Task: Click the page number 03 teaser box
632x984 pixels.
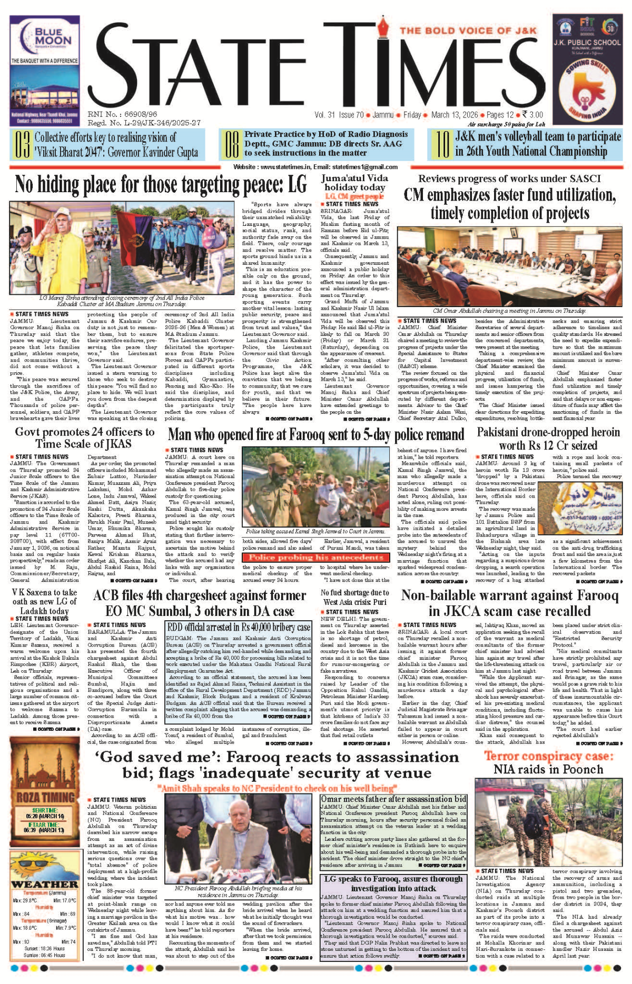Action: coord(107,145)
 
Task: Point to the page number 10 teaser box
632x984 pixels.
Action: coord(525,144)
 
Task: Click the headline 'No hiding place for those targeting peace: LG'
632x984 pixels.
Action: coord(161,185)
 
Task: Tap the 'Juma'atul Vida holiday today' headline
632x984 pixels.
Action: coord(354,182)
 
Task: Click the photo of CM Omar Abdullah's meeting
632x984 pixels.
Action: coord(509,266)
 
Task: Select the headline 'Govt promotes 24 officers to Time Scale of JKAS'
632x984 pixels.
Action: coord(84,438)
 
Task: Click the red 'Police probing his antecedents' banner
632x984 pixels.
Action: coord(316,558)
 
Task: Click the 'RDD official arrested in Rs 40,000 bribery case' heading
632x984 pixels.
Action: coord(239,627)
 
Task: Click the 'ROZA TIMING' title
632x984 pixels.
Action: coord(45,797)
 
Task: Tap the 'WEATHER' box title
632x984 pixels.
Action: coord(45,884)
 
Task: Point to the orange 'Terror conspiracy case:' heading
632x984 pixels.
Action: coord(548,756)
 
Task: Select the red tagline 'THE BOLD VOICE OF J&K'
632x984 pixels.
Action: coord(468,31)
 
